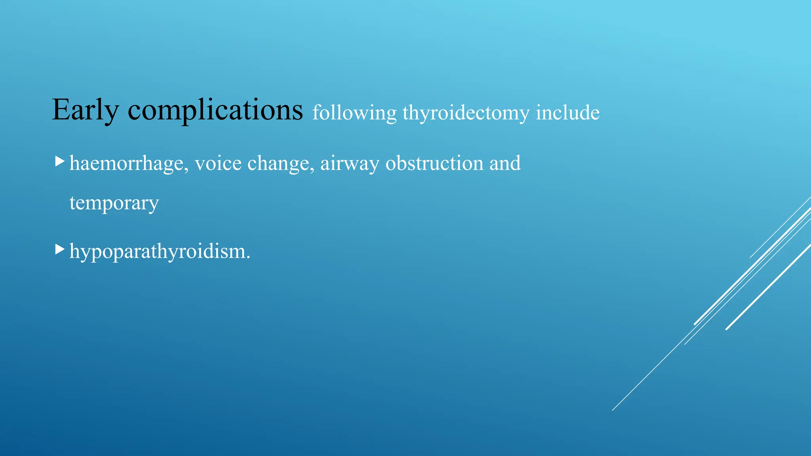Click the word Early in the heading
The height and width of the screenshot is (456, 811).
pyautogui.click(x=85, y=110)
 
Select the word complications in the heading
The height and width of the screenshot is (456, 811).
pyautogui.click(x=215, y=110)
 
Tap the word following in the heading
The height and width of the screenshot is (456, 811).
pyautogui.click(x=354, y=113)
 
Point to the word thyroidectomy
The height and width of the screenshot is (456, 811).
pyautogui.click(x=466, y=113)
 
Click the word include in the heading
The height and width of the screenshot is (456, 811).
pyautogui.click(x=567, y=112)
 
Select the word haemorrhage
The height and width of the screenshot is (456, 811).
pyautogui.click(x=126, y=163)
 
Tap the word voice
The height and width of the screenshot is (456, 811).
pyautogui.click(x=218, y=163)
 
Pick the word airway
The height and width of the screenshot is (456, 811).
pyautogui.click(x=350, y=163)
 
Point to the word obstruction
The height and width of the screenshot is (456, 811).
pyautogui.click(x=434, y=163)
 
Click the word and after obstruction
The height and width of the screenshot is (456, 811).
pyautogui.click(x=505, y=163)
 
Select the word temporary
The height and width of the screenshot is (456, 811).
pyautogui.click(x=114, y=203)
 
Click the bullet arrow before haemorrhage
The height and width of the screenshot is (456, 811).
pyautogui.click(x=59, y=161)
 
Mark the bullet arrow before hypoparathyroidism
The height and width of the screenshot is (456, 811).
pyautogui.click(x=59, y=249)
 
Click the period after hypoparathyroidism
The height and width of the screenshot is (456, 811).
pyautogui.click(x=248, y=257)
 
